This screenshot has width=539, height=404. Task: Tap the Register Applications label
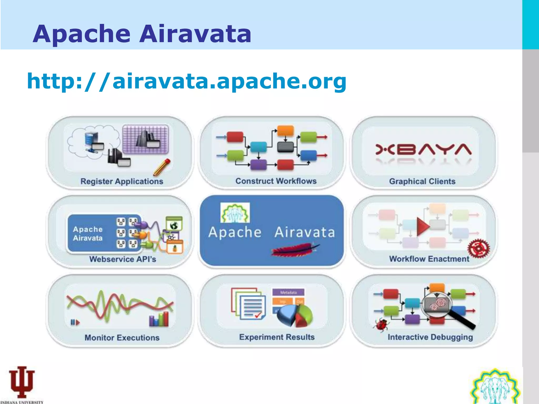(x=122, y=181)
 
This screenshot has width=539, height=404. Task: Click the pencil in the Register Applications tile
(x=162, y=167)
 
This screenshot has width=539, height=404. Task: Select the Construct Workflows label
(x=276, y=181)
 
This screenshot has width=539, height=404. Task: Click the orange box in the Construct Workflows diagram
(x=285, y=131)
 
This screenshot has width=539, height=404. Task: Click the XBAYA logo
(x=423, y=150)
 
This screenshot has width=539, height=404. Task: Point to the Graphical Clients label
(x=422, y=181)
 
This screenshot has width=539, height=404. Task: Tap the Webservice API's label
(x=123, y=259)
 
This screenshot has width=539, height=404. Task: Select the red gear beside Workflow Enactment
(x=478, y=249)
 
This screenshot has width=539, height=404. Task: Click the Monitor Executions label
(x=122, y=337)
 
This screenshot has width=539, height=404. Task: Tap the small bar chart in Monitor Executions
(x=159, y=319)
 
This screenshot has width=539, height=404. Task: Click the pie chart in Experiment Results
(x=295, y=316)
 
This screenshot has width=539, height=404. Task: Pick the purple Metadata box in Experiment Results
(x=288, y=292)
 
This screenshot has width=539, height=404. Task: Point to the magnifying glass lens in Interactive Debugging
(x=437, y=305)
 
